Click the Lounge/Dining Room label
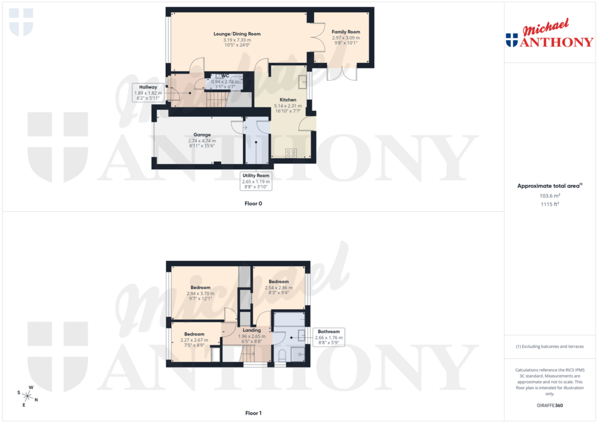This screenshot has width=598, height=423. [237, 34]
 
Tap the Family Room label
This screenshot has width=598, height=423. [346, 32]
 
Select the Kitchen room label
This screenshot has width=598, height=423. [288, 100]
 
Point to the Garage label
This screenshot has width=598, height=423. [202, 135]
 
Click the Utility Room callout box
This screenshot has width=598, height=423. [256, 181]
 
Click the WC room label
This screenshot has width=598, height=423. [225, 76]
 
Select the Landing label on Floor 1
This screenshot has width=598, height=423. [252, 330]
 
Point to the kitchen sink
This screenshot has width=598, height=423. [303, 82]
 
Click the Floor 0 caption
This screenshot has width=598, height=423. [253, 204]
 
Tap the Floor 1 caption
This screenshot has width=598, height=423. [253, 414]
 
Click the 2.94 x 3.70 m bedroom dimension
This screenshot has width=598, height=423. [201, 293]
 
